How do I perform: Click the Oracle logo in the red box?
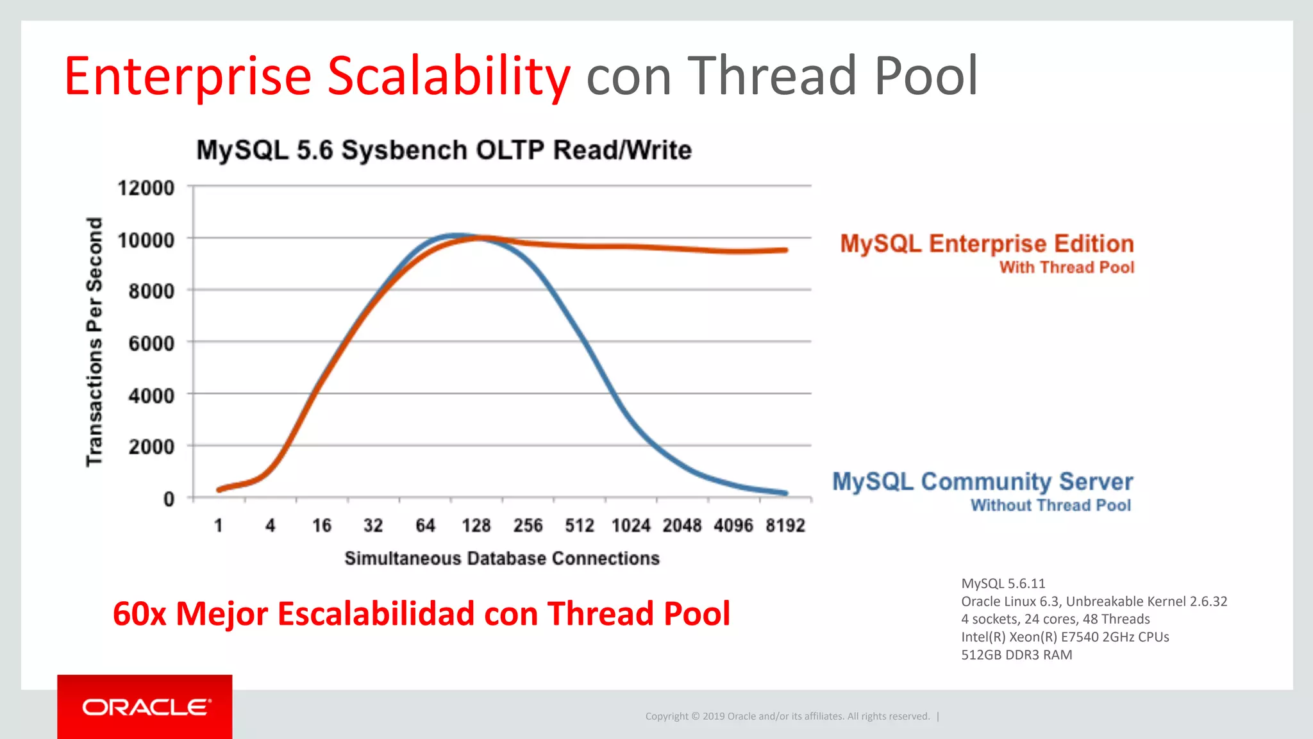146,708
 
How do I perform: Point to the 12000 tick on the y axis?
146,188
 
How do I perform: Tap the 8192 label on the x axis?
785,526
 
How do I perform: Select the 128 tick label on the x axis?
476,526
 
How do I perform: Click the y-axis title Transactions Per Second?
95,342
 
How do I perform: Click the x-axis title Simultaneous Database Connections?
502,558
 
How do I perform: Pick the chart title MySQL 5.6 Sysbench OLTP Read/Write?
444,150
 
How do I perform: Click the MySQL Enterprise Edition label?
987,244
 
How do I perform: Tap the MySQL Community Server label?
982,481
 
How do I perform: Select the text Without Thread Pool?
1050,506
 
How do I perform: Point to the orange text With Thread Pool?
1066,267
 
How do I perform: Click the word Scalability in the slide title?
448,76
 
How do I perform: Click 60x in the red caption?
138,614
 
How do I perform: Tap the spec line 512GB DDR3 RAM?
1016,655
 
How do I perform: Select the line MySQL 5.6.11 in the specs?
1003,583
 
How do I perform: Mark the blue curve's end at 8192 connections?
785,494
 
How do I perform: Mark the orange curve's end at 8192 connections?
785,250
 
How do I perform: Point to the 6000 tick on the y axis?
151,344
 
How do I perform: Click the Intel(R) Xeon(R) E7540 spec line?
1065,637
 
